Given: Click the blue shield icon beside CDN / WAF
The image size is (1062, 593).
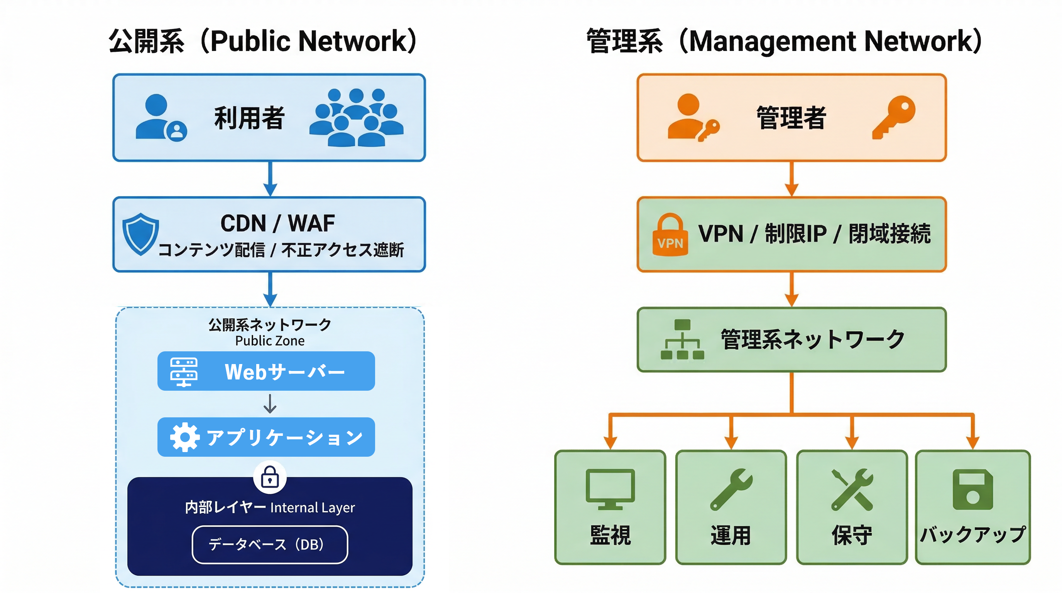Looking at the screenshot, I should pos(140,234).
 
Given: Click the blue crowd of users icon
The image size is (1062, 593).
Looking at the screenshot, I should pos(356,118).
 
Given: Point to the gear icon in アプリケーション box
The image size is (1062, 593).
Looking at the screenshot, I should pos(184,437).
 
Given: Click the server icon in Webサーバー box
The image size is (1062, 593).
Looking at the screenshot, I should pos(184,371).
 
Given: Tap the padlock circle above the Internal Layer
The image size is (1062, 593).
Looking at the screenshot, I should pos(270,477).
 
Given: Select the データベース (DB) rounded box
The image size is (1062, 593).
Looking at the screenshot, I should pos(270,544).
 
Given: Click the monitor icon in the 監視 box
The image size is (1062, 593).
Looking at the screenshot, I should pos(610,489).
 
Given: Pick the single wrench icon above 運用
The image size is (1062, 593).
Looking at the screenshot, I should pos(731,490).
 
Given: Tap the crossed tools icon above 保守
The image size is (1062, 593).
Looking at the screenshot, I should pos(852,490).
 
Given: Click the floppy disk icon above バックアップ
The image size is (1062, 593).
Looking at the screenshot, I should pos(972,490).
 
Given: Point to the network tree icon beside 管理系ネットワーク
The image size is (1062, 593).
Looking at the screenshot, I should pos(682,339).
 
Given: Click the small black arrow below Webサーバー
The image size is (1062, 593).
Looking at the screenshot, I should pos(270,404).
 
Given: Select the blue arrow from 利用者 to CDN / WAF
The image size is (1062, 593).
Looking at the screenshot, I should pos(270,179).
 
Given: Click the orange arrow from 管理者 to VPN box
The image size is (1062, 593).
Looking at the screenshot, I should pos(791,179).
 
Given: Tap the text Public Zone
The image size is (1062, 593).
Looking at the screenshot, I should pos(270,341).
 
